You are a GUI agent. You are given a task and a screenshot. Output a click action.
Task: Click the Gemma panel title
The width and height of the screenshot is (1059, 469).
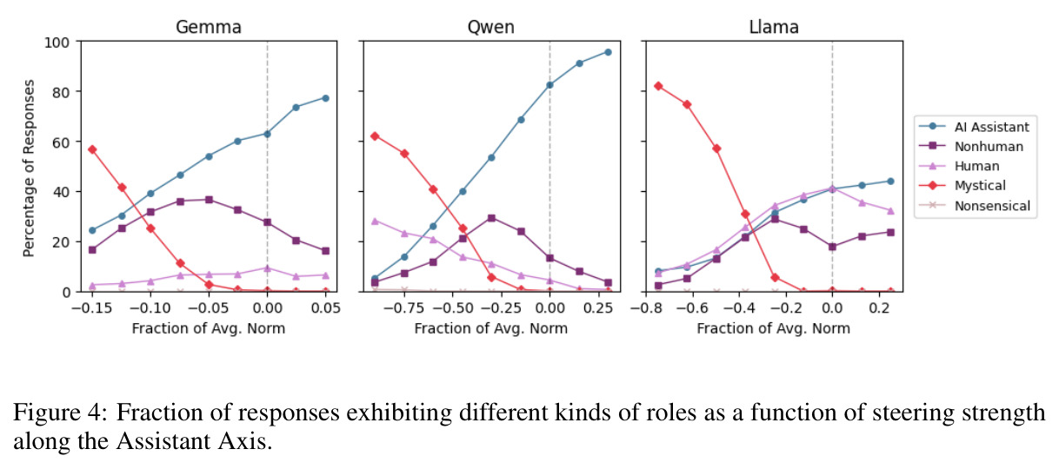click(209, 27)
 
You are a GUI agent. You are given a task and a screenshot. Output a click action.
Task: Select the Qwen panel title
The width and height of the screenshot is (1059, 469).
click(490, 27)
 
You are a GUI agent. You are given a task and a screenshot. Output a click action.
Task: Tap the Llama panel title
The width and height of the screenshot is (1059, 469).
click(774, 27)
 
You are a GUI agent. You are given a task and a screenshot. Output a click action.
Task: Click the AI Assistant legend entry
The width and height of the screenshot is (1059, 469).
click(974, 127)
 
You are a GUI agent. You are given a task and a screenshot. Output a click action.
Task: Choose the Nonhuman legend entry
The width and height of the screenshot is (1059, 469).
click(971, 147)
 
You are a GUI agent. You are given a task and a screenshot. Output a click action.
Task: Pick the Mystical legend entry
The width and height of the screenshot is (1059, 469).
click(962, 186)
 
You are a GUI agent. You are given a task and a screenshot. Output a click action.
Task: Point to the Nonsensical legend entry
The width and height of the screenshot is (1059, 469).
click(975, 206)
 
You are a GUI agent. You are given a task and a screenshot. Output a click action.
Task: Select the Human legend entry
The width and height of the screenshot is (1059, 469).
click(959, 166)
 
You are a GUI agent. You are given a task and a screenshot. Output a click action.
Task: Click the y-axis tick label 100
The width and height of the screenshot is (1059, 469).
click(57, 43)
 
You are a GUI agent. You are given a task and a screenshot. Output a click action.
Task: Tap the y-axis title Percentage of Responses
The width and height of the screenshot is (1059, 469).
click(29, 168)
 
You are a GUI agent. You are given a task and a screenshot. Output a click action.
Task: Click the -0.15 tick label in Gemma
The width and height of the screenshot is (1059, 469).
click(91, 308)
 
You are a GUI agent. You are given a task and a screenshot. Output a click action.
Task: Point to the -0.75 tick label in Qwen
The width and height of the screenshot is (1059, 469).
click(403, 308)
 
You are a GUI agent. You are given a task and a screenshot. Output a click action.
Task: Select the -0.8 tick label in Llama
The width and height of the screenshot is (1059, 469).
click(646, 308)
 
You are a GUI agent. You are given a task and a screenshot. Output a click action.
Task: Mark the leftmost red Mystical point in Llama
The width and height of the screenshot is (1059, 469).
click(658, 86)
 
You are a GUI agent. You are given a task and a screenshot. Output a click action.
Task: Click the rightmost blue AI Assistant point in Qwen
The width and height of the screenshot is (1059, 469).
click(608, 52)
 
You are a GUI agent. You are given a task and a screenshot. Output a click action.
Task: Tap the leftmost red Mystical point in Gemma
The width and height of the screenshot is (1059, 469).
click(92, 149)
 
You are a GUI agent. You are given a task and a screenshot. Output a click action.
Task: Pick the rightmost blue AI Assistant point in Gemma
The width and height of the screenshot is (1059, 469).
click(326, 98)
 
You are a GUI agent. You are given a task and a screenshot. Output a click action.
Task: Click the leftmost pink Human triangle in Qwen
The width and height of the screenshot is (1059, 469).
click(375, 221)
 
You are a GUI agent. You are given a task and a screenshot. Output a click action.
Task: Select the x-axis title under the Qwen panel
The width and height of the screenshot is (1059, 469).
click(490, 328)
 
